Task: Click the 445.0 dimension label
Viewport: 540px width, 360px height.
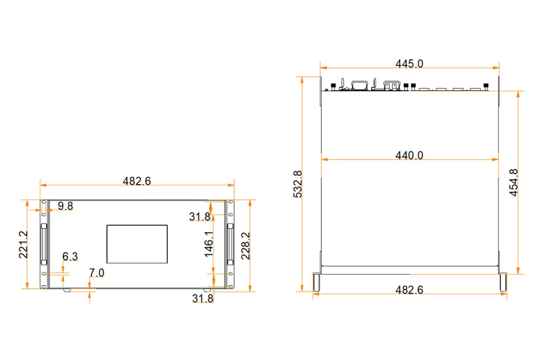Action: click(409, 63)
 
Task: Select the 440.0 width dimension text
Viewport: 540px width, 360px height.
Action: click(409, 155)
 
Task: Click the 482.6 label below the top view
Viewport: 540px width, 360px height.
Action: click(409, 290)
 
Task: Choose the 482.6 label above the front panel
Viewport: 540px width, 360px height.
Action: click(137, 181)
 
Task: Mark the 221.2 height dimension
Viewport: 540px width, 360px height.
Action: click(23, 244)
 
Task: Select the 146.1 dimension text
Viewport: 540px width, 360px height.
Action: click(209, 244)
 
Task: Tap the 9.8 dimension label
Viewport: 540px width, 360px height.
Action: click(66, 206)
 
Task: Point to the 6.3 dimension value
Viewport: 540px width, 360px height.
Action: click(70, 256)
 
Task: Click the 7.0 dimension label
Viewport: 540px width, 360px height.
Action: click(96, 273)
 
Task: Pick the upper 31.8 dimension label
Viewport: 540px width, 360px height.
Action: click(199, 217)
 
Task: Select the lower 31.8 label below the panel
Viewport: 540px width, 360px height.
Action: click(202, 298)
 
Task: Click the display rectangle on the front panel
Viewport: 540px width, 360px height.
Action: click(137, 244)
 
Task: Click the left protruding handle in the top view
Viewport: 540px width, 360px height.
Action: click(317, 282)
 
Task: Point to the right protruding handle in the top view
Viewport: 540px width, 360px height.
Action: click(503, 282)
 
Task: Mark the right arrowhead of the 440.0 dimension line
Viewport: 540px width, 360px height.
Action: click(496, 159)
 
